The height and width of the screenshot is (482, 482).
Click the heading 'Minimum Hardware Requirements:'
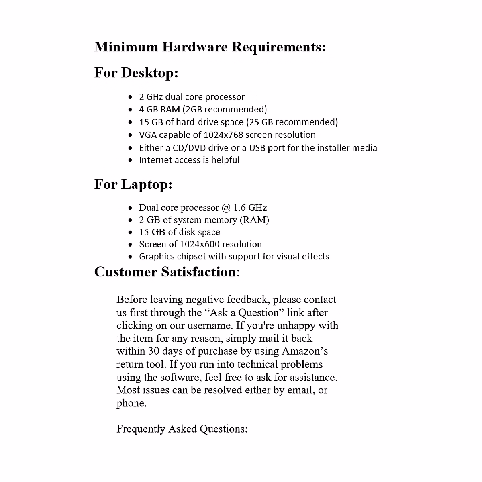click(210, 47)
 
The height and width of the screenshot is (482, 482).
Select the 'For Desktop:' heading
click(136, 73)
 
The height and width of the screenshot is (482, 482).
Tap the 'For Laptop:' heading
click(133, 184)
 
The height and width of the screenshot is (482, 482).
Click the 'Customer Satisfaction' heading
click(165, 272)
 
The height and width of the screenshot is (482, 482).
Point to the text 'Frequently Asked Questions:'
click(182, 429)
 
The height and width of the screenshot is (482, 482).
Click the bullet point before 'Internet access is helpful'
click(130, 160)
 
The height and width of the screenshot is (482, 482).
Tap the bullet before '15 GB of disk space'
click(130, 233)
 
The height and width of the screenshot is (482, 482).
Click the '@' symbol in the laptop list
click(226, 208)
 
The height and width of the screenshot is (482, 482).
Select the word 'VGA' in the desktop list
click(147, 135)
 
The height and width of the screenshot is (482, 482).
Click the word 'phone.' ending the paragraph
click(131, 403)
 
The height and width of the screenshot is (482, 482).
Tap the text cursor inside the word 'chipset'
click(198, 256)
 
